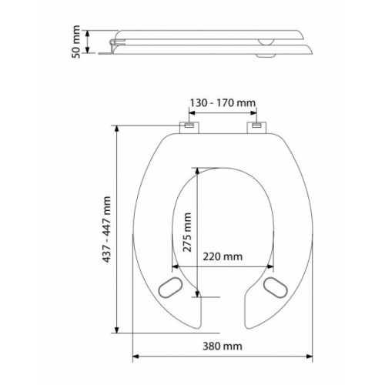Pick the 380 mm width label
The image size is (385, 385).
tap(222, 346)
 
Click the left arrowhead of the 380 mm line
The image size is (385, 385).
tap(136, 357)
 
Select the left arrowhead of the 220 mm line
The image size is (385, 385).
tap(170, 266)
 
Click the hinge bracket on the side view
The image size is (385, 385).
tap(115, 47)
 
